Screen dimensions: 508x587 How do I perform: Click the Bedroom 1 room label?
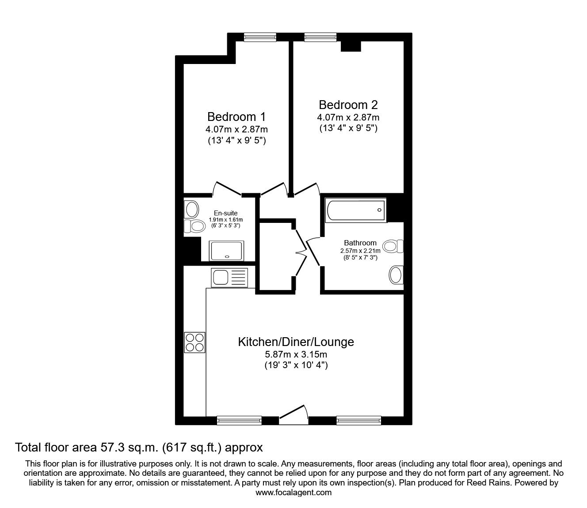tap(236, 117)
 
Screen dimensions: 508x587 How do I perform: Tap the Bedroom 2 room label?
tap(348, 105)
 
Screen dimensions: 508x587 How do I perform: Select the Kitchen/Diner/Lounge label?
tap(296, 342)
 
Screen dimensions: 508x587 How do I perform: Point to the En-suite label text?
tap(226, 213)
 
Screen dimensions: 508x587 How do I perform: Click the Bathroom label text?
tap(360, 243)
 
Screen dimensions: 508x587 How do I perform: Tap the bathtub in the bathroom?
tap(355, 210)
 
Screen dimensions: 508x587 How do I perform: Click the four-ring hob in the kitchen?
tap(195, 342)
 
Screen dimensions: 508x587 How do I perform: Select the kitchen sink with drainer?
tap(229, 278)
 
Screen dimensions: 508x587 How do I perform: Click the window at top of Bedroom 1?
tap(260, 38)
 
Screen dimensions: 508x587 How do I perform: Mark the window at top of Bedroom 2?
tap(320, 38)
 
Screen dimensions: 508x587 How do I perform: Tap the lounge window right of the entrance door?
tap(358, 420)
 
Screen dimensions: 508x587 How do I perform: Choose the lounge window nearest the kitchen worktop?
tap(239, 420)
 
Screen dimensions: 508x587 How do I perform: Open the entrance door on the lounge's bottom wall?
tap(293, 415)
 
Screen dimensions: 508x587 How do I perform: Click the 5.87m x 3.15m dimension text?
tap(296, 354)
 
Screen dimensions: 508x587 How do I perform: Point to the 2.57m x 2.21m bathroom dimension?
tap(360, 250)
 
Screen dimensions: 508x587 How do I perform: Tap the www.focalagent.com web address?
tap(293, 493)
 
